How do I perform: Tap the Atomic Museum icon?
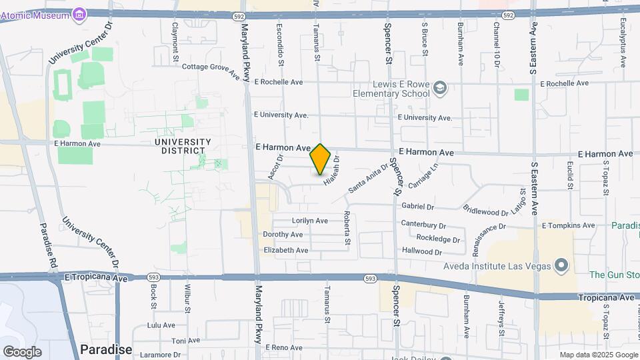[80, 14]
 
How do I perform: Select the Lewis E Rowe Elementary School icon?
[439, 87]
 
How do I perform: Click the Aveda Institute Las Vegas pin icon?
[561, 266]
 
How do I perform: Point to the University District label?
[183, 146]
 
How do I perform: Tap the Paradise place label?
[106, 349]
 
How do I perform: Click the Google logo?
[22, 352]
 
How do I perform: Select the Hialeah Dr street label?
[332, 170]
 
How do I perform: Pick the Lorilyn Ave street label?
[310, 220]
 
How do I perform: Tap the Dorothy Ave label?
[283, 235]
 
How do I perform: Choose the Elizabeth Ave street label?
[286, 250]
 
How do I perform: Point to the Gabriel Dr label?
[418, 207]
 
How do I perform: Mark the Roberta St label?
[347, 227]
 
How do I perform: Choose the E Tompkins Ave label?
[568, 226]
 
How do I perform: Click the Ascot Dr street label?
[275, 167]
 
